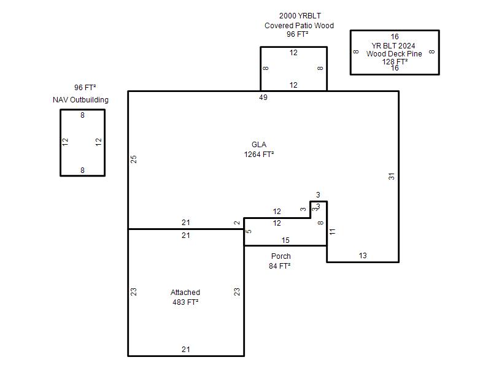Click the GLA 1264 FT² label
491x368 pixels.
click(x=259, y=149)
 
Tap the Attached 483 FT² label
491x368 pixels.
click(x=185, y=297)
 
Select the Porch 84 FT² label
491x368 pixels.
click(x=280, y=261)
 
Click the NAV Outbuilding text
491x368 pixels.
click(x=80, y=100)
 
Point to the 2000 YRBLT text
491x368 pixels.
click(x=300, y=16)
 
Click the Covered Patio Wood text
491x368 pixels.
click(x=299, y=26)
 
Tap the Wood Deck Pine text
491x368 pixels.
click(x=394, y=54)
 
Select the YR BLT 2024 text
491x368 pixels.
click(x=393, y=45)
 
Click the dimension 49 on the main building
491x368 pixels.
click(x=263, y=98)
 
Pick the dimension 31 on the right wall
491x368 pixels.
click(x=392, y=177)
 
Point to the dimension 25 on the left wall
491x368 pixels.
click(x=133, y=159)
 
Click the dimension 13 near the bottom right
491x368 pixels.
click(x=363, y=256)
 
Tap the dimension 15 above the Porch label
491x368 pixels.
click(x=285, y=240)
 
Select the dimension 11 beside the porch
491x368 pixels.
click(x=332, y=232)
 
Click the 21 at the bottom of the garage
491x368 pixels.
click(x=186, y=350)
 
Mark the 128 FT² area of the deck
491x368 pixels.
click(x=395, y=62)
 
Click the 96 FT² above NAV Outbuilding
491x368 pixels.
click(x=85, y=88)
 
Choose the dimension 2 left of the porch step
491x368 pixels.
click(x=237, y=223)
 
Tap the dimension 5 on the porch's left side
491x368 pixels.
click(x=249, y=231)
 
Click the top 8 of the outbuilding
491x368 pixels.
click(x=82, y=115)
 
